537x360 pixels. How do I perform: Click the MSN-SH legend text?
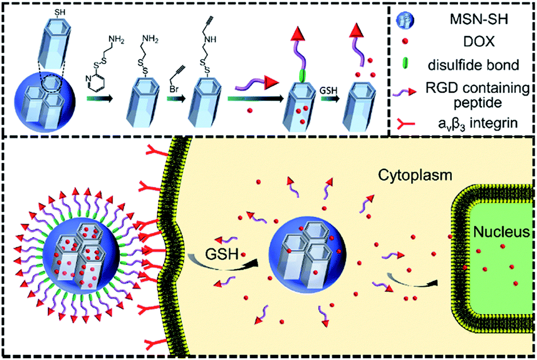pyautogui.click(x=464, y=22)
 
